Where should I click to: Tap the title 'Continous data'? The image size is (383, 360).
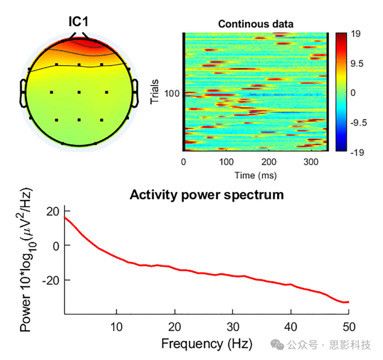256,24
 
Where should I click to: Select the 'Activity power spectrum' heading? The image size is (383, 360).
206,194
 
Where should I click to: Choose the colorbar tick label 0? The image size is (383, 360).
353,93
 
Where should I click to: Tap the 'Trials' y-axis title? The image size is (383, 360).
156,91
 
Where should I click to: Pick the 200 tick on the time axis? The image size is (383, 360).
269,162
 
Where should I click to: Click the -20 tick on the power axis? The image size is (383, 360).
50,280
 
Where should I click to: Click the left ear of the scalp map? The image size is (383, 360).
23,92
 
